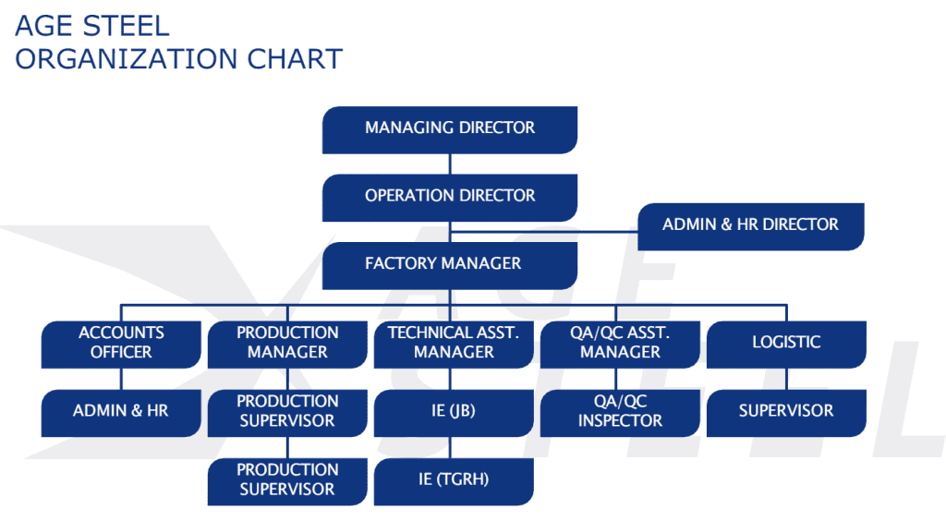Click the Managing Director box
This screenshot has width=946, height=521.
450,129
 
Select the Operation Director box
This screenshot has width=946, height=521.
450,197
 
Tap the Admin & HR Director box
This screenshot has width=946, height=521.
750,225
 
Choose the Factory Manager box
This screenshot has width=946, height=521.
450,264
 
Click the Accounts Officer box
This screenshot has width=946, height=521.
121,343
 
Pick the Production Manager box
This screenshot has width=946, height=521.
287,343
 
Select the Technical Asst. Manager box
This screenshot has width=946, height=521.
454,343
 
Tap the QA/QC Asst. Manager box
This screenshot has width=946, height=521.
620,343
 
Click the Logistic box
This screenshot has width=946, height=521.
786,343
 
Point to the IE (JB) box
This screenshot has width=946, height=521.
454,412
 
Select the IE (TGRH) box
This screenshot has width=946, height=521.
454,480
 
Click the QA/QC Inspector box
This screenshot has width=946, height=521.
620,412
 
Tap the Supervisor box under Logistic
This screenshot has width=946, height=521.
786,412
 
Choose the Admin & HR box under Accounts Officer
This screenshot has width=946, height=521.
121,412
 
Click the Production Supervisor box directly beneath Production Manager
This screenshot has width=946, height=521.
287,412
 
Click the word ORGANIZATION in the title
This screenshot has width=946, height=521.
126,59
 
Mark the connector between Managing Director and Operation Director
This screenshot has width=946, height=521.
450,164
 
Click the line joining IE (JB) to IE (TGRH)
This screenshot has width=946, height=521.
454,447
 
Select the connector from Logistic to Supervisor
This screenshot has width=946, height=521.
786,379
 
